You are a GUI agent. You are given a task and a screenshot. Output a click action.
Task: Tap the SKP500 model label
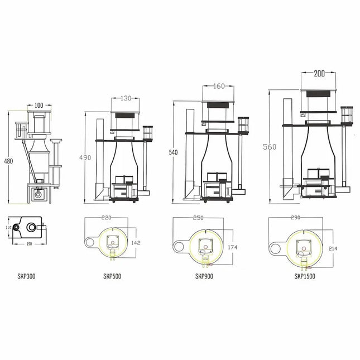tap(112, 276)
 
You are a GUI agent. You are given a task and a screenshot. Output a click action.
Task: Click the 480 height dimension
tap(8, 161)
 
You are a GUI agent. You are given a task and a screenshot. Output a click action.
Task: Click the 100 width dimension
tap(39, 105)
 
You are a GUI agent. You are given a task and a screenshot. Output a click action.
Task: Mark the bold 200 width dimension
tap(320, 74)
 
